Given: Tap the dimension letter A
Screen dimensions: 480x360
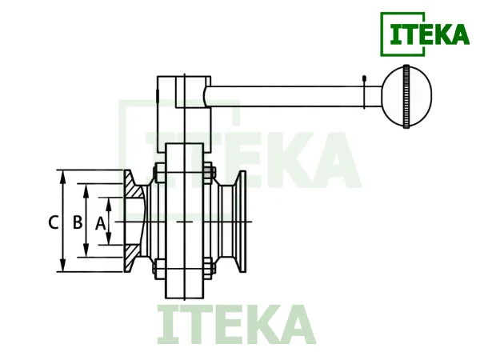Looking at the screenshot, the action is tap(101, 223).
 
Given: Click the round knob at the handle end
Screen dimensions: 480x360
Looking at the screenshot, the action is tap(406, 96).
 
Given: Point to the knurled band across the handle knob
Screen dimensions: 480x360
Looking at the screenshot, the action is tap(406, 96).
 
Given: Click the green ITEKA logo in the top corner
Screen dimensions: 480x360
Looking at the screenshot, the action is tap(425, 34).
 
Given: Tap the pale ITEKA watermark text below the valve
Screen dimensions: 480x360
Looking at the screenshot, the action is tap(236, 325).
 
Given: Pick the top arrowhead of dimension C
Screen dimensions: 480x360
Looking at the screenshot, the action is tap(63, 177).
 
